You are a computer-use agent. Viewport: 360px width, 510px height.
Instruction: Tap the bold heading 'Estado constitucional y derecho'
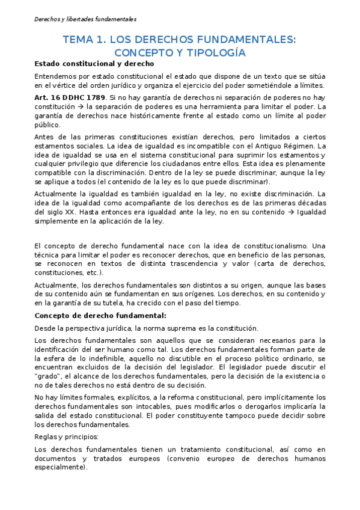click(94, 64)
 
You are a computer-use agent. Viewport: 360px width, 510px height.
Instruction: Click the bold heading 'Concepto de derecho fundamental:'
click(100, 315)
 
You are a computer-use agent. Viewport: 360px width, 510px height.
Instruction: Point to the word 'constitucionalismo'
click(280, 246)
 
